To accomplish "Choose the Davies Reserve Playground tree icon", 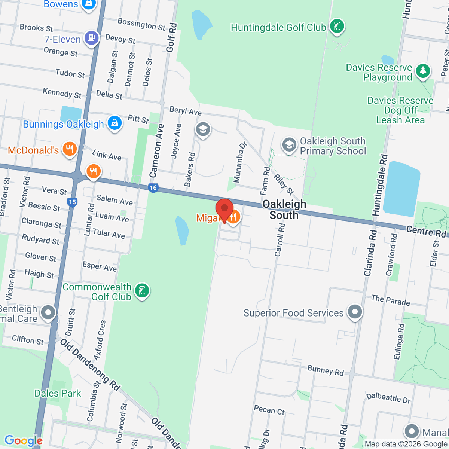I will [x=423, y=71].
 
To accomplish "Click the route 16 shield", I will [x=153, y=188].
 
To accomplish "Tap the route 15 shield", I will [x=72, y=202].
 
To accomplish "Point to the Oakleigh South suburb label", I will [x=284, y=210].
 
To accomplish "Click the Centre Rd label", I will [x=426, y=232].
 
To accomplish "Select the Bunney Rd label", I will [x=326, y=370].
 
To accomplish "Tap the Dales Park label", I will [x=58, y=393].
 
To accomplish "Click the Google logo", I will [x=23, y=441].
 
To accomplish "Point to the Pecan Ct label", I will [x=269, y=410].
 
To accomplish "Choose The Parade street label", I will [x=390, y=300].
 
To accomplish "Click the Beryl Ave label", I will [x=186, y=111].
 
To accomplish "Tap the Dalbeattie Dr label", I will [x=388, y=398].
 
